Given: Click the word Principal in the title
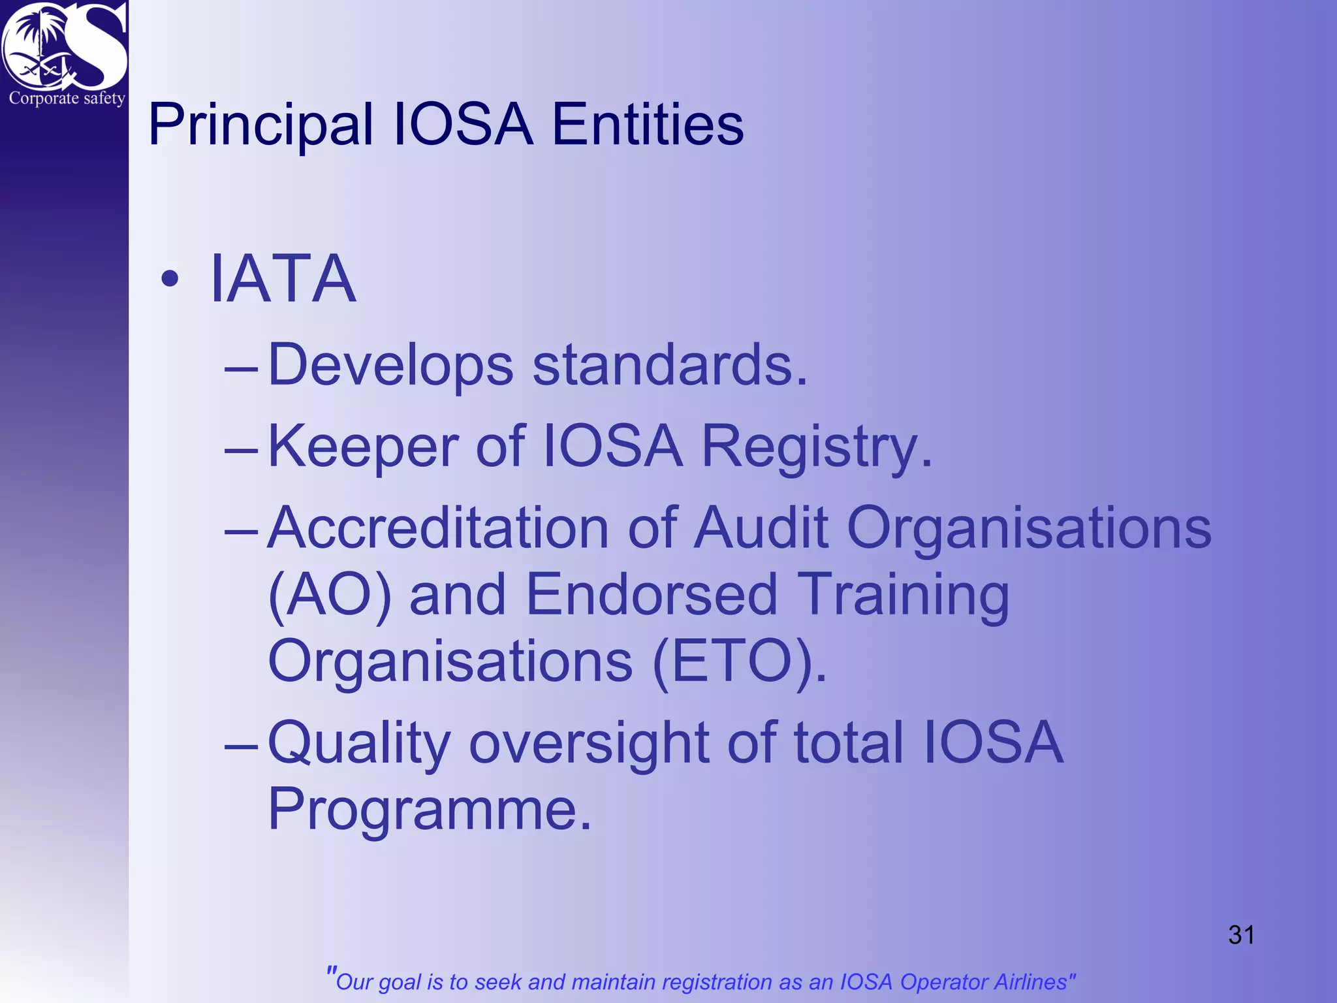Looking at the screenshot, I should click(x=260, y=125).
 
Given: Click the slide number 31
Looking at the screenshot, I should click(x=1241, y=934).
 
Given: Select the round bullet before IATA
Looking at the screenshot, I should click(x=170, y=279).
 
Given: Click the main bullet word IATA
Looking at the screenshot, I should click(x=283, y=279).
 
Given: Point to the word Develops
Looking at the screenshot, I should click(x=390, y=366).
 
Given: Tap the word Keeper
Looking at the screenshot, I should click(x=364, y=447).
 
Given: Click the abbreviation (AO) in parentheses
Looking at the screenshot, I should click(x=330, y=596).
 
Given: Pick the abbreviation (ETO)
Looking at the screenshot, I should click(x=739, y=661).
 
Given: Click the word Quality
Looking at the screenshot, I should click(x=359, y=743).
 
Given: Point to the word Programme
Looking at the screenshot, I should click(x=429, y=810).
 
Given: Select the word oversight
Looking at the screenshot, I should click(x=589, y=743).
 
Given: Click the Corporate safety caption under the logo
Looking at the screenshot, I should click(x=67, y=99).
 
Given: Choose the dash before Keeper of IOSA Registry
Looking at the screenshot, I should click(x=241, y=450).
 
